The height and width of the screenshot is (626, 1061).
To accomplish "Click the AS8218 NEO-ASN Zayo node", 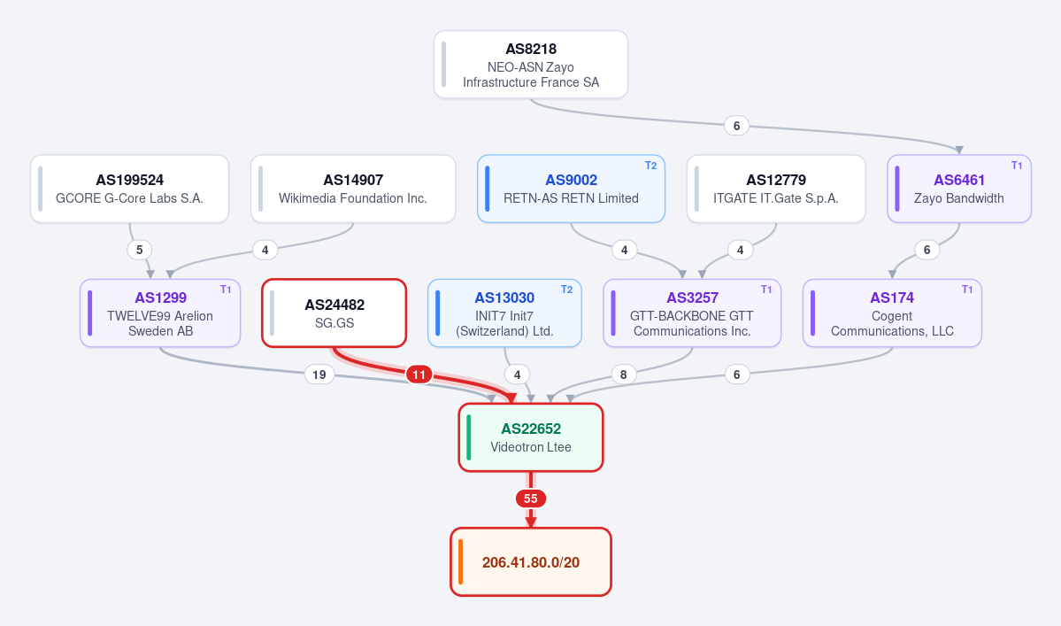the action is [531, 65].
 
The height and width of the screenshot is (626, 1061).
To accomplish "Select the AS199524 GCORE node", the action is [129, 189].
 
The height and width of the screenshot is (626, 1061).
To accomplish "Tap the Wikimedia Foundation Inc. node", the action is [352, 189].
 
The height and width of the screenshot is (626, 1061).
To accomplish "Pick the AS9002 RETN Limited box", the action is [571, 189].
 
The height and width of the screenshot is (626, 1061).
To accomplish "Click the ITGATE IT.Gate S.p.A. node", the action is [775, 189].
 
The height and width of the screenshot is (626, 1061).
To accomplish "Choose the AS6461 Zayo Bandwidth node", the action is [959, 189].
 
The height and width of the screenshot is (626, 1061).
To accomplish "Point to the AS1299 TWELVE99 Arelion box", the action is [160, 313].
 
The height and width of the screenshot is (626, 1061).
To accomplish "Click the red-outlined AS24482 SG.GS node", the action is [334, 313].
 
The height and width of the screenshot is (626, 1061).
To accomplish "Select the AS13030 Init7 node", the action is [504, 313].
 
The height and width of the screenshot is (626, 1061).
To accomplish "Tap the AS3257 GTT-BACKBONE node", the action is [691, 313].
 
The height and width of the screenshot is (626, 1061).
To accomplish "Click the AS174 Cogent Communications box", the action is [892, 313].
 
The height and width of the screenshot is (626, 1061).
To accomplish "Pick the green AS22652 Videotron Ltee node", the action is [531, 438].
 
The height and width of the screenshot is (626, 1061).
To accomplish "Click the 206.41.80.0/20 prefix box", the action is [531, 561].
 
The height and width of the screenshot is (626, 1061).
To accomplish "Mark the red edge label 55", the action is [531, 498].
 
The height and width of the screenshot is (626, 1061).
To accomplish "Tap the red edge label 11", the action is [419, 375].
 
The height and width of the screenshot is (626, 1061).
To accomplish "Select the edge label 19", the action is [319, 375].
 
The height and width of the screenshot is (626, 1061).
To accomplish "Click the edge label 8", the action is [623, 375].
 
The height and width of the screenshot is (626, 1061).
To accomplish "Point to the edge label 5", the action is [140, 250].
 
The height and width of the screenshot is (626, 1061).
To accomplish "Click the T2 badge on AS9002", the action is [651, 166].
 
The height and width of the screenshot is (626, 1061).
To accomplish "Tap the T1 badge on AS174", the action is [967, 290].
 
